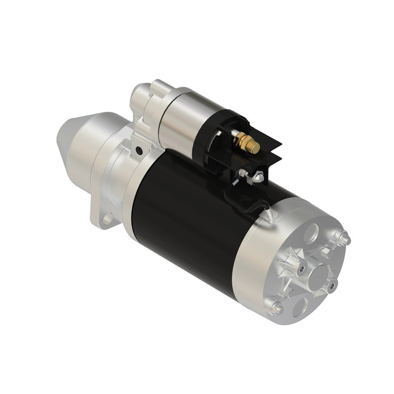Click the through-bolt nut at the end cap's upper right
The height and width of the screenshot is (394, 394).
point(344,239)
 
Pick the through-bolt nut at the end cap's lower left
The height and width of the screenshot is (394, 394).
point(276,308)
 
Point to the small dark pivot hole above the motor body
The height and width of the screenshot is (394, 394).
point(139,149)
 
